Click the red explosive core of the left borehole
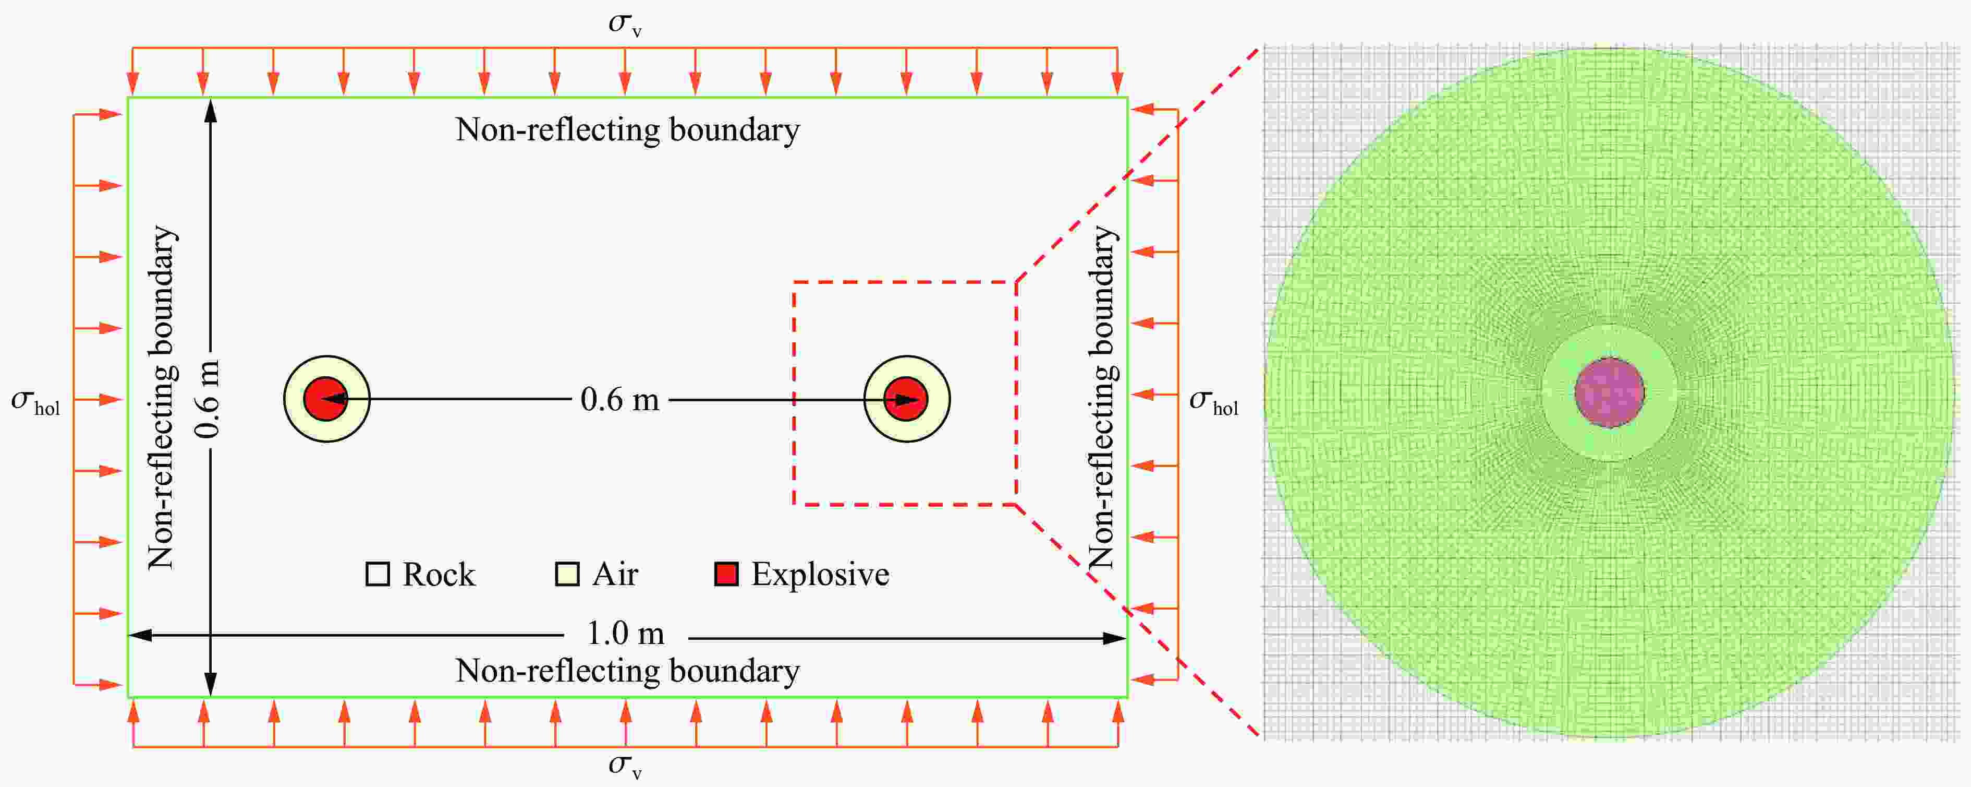pyautogui.click(x=326, y=399)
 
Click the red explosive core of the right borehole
pyautogui.click(x=906, y=399)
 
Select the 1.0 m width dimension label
pyautogui.click(x=625, y=634)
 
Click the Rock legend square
pyautogui.click(x=378, y=574)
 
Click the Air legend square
pyautogui.click(x=567, y=574)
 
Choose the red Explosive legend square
pyautogui.click(x=726, y=574)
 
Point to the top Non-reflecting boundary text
pyautogui.click(x=627, y=130)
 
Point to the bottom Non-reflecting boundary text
pyautogui.click(x=627, y=671)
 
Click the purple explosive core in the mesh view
pyautogui.click(x=1610, y=393)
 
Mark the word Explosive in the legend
pyautogui.click(x=820, y=574)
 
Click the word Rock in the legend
pyautogui.click(x=439, y=574)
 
